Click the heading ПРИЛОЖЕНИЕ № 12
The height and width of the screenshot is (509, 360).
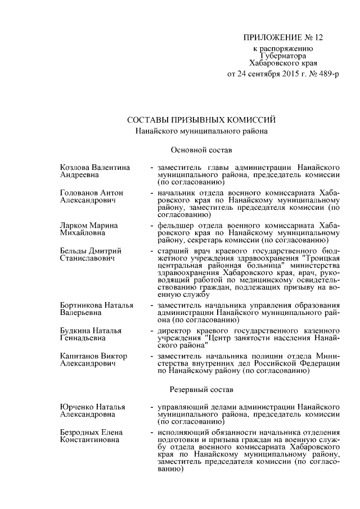point(283,38)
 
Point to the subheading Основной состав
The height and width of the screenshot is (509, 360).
point(197,150)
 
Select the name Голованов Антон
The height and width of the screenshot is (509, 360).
point(92,192)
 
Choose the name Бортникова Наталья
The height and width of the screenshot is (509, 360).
point(96,305)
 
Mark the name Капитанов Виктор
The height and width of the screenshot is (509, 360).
point(93,356)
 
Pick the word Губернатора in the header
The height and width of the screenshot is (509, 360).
point(283,56)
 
